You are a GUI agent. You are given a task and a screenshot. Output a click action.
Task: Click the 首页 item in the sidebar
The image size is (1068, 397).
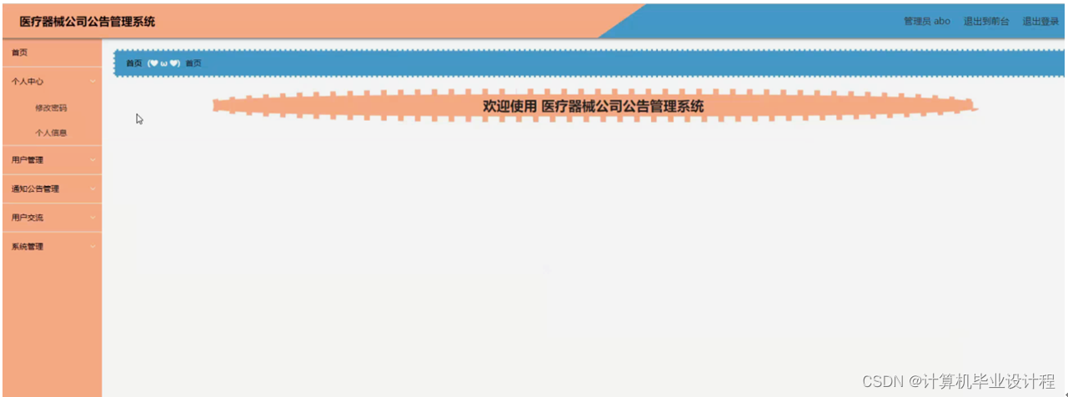click(x=19, y=53)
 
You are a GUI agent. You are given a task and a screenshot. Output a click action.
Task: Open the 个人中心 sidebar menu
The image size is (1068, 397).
click(x=28, y=82)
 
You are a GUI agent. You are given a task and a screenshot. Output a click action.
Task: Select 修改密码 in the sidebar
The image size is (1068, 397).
click(x=51, y=108)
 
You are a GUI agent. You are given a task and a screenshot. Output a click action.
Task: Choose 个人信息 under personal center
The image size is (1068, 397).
click(x=51, y=133)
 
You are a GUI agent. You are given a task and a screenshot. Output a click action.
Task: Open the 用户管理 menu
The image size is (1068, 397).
click(x=28, y=160)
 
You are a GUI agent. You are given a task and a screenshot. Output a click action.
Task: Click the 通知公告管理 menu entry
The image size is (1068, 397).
click(x=35, y=189)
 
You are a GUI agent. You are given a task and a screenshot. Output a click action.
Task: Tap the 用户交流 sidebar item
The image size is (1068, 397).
click(x=28, y=218)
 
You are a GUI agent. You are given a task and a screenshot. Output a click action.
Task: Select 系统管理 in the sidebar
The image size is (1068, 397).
click(x=28, y=247)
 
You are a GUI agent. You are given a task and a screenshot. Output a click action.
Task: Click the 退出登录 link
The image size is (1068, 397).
click(x=1040, y=22)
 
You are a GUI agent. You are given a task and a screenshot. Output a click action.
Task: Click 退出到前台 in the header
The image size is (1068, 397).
click(x=986, y=22)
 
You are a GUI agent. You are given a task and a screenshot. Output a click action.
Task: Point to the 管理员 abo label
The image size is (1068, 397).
click(x=927, y=22)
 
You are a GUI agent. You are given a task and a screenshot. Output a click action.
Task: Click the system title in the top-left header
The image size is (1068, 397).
click(x=88, y=22)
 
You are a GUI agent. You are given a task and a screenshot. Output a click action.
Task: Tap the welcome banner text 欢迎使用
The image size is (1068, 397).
click(x=509, y=106)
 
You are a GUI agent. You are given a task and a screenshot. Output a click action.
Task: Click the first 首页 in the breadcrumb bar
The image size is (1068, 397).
click(x=134, y=63)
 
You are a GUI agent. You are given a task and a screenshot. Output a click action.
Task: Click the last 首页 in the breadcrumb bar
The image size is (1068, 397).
click(x=193, y=63)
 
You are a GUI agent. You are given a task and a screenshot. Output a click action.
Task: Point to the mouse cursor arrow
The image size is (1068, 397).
click(x=139, y=118)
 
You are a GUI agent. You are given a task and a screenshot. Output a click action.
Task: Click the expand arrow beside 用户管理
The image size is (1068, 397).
click(x=93, y=160)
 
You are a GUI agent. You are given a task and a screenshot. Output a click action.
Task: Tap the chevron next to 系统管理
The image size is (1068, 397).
click(x=93, y=247)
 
